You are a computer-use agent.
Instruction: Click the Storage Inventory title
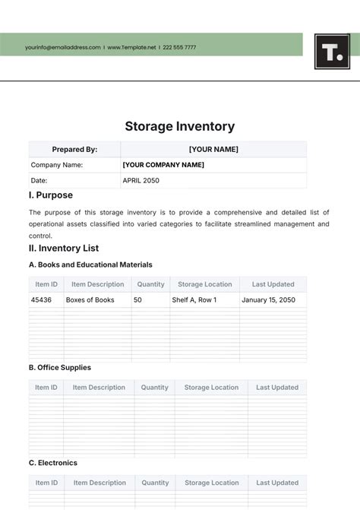[180, 127]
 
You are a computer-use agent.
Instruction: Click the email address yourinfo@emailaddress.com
[62, 47]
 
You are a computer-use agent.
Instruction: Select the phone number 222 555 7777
[179, 47]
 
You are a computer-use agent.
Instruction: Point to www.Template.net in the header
[131, 47]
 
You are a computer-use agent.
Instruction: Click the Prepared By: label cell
[74, 150]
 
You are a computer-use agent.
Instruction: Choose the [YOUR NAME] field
[213, 150]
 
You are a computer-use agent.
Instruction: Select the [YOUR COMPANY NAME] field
[163, 165]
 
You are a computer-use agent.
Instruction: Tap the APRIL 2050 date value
[141, 181]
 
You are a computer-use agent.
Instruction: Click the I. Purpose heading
[51, 195]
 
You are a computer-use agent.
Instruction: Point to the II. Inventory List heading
[64, 249]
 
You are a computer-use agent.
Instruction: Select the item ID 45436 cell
[41, 300]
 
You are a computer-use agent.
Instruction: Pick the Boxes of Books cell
[90, 300]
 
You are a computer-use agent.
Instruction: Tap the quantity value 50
[137, 300]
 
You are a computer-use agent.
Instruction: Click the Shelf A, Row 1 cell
[194, 300]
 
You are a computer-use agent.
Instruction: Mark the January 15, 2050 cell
[267, 300]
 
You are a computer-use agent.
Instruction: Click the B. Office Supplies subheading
[60, 368]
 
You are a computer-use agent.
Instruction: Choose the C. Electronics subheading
[53, 463]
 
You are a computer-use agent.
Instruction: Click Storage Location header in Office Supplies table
[211, 388]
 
